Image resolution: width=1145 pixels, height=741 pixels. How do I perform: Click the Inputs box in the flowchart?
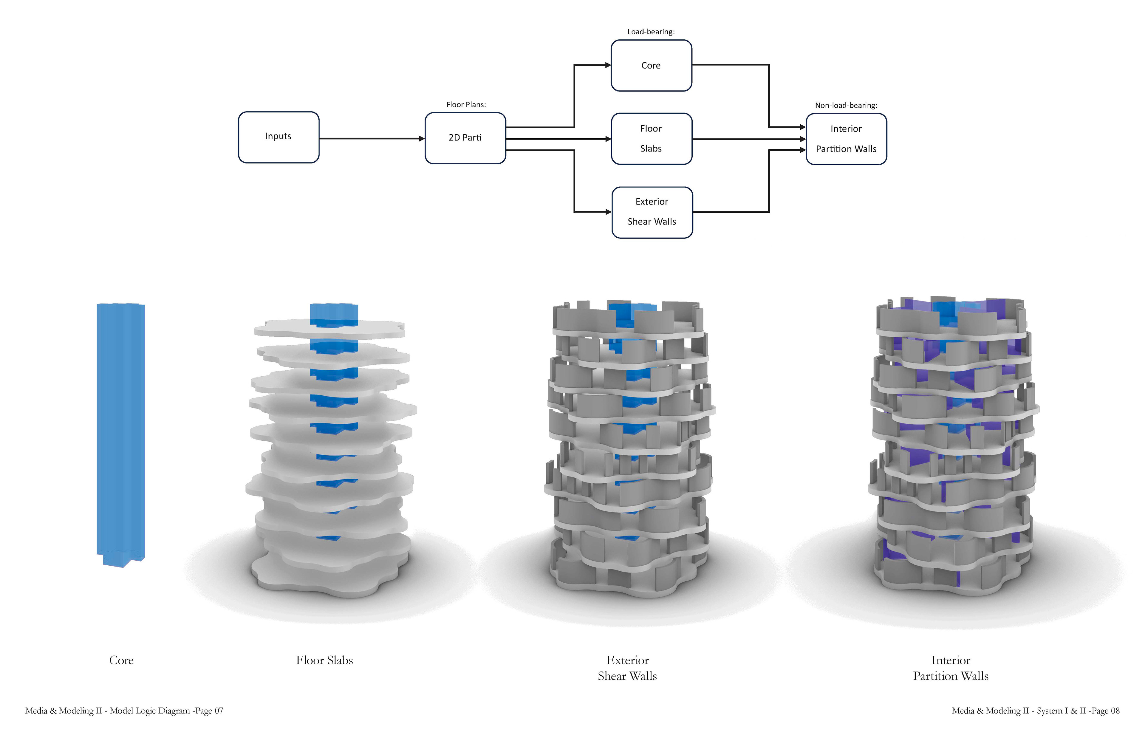[278, 137]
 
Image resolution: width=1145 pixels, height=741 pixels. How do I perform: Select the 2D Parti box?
[465, 138]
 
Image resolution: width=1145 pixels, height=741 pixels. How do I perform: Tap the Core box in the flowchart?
[652, 65]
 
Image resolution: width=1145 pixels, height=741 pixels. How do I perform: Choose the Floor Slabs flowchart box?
[652, 139]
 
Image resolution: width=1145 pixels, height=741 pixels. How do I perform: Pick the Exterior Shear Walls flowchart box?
[652, 212]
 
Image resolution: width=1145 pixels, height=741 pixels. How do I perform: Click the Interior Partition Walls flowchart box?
[846, 139]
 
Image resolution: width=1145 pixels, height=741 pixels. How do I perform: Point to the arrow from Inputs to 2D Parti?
[372, 139]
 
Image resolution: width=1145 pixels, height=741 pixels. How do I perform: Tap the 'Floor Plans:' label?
[466, 104]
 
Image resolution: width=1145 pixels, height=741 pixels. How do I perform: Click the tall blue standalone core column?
[121, 435]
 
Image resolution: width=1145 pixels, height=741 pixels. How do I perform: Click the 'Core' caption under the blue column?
[121, 660]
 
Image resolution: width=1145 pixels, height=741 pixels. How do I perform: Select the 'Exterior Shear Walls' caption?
[627, 668]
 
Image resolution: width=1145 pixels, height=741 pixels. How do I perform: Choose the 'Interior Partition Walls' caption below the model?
[951, 668]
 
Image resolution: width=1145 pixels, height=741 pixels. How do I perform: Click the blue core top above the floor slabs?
[334, 314]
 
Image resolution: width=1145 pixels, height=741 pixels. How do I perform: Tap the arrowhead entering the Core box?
[608, 65]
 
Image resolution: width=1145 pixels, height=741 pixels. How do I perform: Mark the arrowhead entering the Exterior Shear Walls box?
[609, 212]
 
